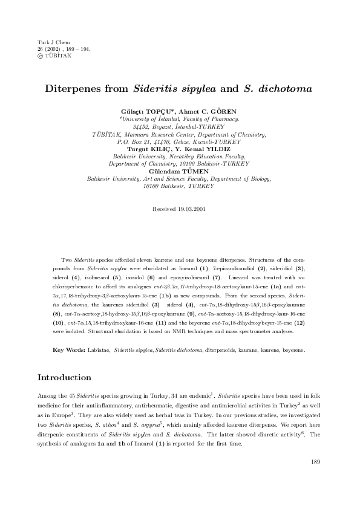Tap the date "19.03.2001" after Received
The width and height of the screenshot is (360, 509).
pos(194,209)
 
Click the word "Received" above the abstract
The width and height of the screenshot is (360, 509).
pos(166,209)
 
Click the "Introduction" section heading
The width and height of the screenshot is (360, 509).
pos(73,378)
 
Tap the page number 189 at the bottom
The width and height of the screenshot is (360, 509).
pos(315,462)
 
